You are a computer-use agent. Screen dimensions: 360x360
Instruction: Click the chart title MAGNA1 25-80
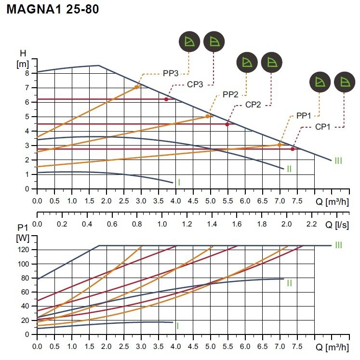(x=53, y=9)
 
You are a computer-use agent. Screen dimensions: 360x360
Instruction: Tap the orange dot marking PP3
(x=137, y=87)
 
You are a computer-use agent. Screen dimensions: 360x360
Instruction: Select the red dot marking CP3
(x=166, y=99)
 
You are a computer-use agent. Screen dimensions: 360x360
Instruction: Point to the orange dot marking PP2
(x=208, y=116)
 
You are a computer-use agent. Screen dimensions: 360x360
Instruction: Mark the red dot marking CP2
(x=227, y=124)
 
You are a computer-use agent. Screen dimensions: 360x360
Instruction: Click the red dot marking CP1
(x=292, y=149)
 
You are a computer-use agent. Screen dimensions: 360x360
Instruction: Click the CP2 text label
(x=253, y=105)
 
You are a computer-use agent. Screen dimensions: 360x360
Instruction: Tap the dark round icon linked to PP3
(x=188, y=42)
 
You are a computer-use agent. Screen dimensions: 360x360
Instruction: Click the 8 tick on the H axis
(x=27, y=73)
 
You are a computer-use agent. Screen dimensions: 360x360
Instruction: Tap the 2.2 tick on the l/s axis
(x=311, y=224)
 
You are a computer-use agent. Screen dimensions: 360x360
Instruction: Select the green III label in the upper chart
(x=338, y=160)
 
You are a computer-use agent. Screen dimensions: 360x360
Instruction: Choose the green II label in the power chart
(x=289, y=283)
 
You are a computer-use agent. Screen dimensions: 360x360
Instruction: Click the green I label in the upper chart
(x=179, y=182)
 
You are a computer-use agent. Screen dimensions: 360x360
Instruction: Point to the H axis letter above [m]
(x=23, y=53)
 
